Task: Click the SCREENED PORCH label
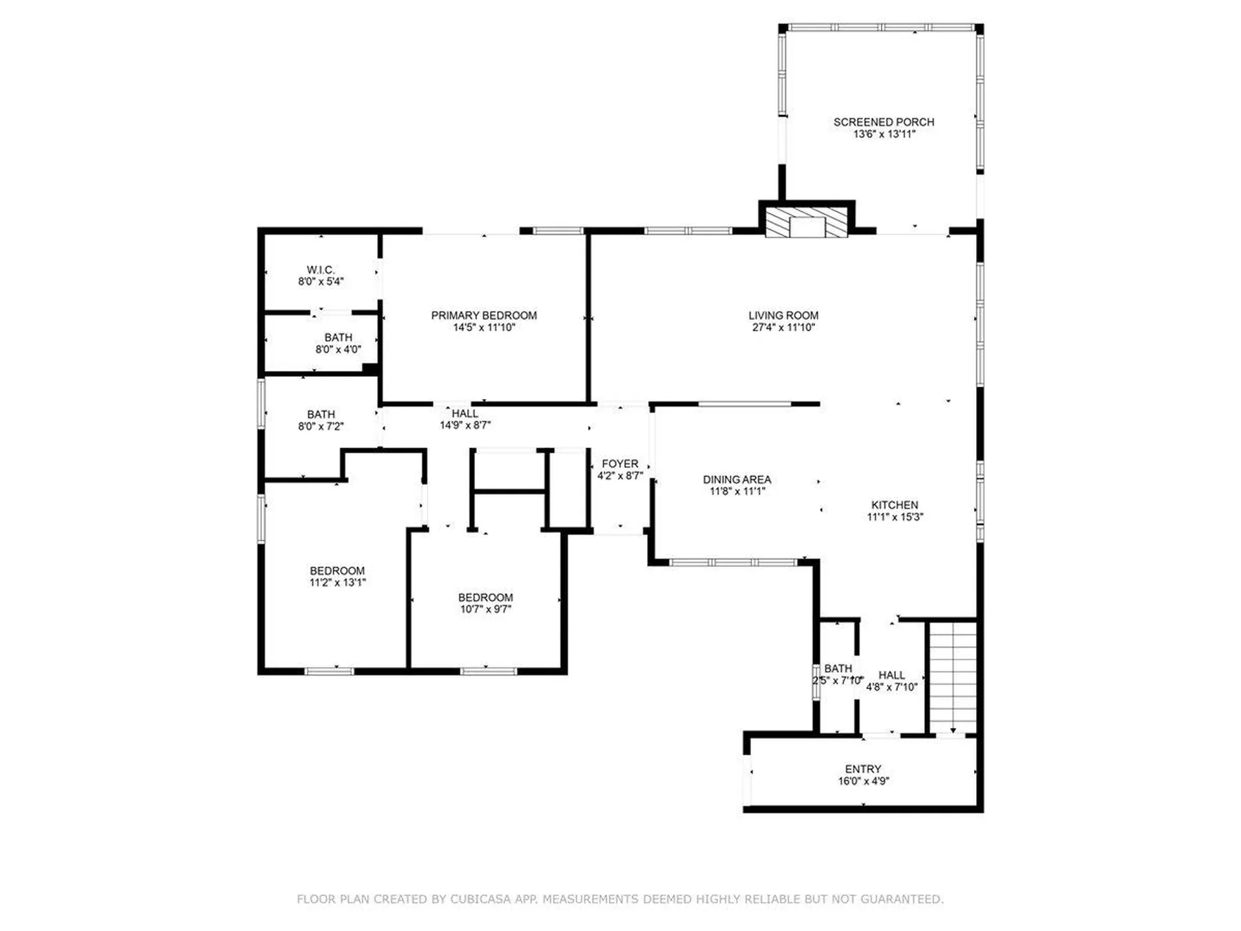884,122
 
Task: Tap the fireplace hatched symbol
806,222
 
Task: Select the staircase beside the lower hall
953,678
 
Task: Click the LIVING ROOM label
783,316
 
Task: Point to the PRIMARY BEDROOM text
484,316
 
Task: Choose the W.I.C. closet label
321,270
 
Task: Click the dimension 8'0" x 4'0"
338,349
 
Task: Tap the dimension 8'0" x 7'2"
321,426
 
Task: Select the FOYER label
620,464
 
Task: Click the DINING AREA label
737,480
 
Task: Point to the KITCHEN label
895,505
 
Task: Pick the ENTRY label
864,769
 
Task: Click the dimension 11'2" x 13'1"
337,582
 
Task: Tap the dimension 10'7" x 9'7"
485,609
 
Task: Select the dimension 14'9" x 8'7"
465,425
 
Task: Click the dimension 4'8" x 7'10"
892,687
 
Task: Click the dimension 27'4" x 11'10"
783,327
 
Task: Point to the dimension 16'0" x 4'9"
864,780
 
